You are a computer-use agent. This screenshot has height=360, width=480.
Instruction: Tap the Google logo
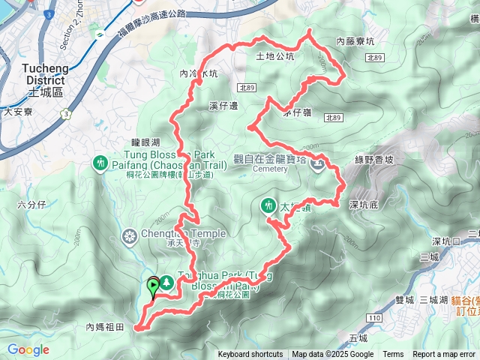(28, 349)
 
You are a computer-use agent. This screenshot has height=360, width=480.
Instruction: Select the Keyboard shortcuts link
(250, 355)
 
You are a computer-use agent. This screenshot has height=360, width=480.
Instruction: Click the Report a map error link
(445, 355)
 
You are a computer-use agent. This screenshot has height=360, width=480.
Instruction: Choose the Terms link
(393, 355)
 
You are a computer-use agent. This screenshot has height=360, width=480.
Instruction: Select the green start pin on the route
(154, 284)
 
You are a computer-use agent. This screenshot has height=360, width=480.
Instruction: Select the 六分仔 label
(31, 204)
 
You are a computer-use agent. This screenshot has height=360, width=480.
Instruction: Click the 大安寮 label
(19, 112)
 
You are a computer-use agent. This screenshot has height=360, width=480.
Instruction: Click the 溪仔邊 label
(223, 106)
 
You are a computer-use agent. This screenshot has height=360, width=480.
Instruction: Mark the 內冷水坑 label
(199, 74)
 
